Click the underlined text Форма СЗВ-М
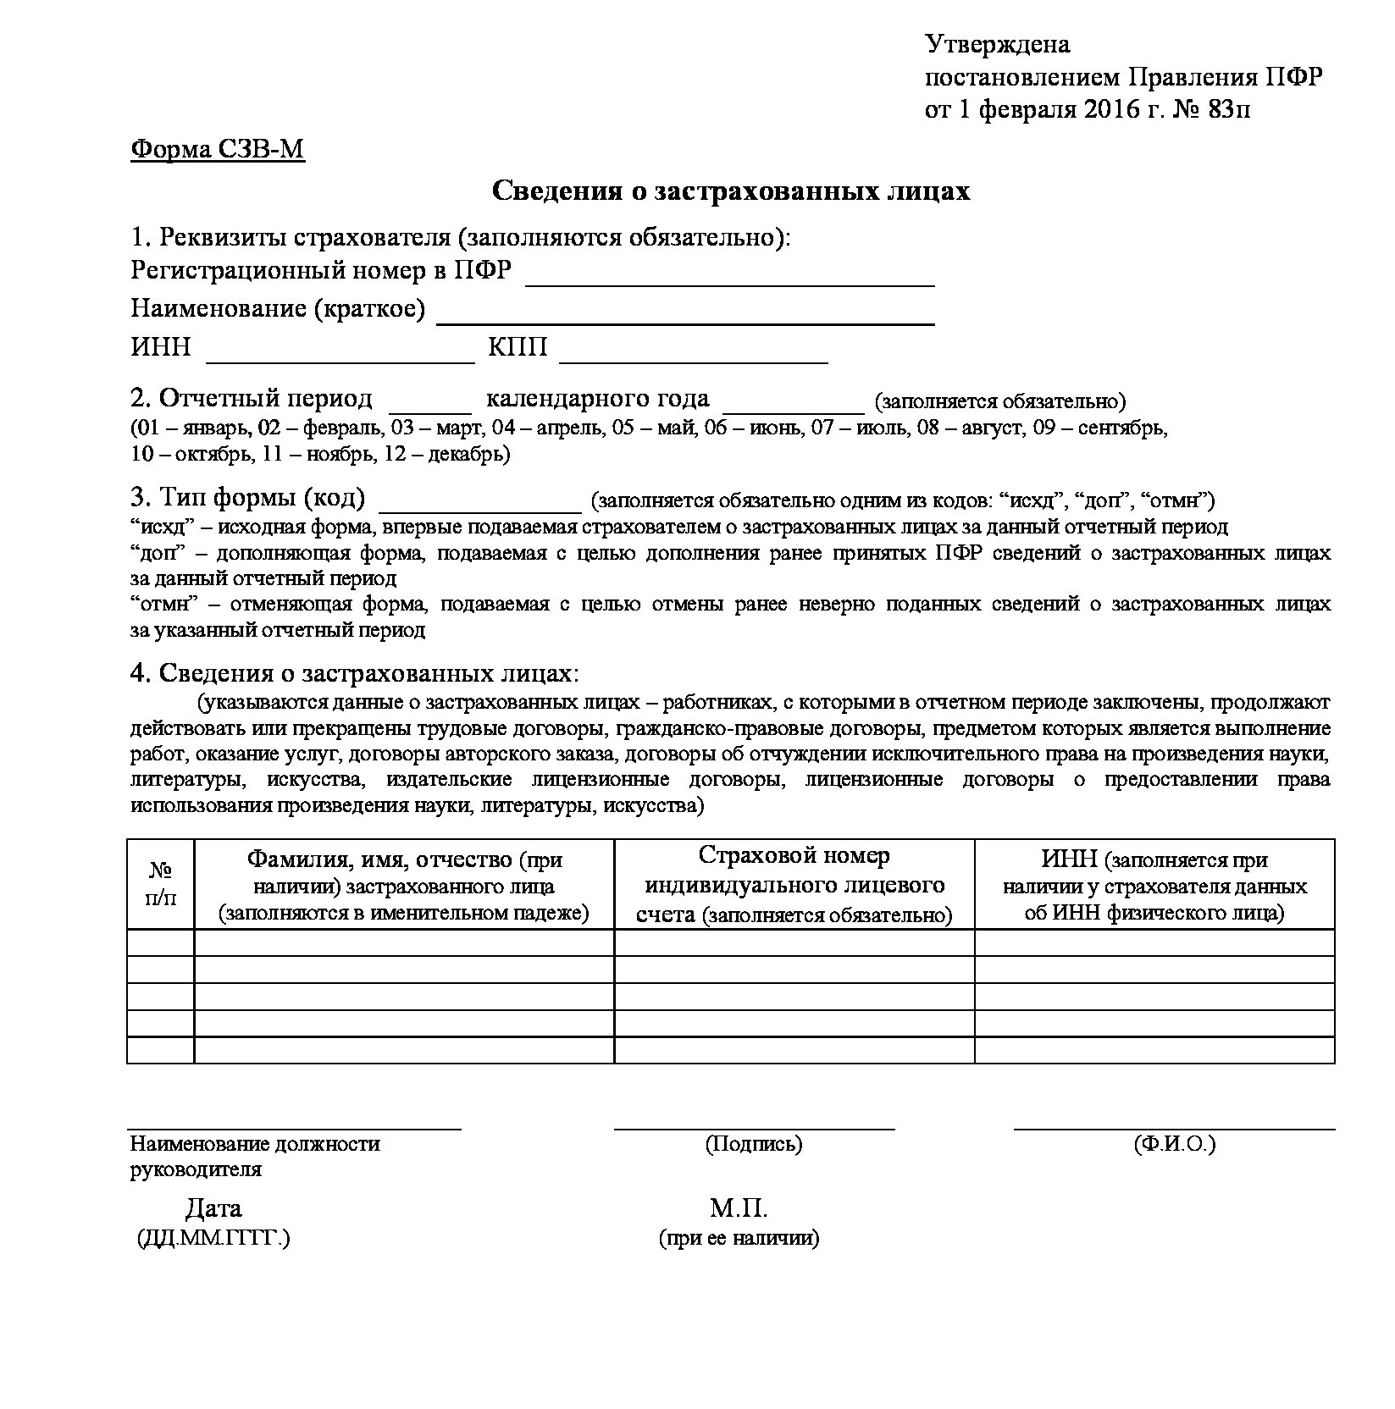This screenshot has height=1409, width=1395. pyautogui.click(x=218, y=150)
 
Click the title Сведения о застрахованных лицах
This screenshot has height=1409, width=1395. pyautogui.click(x=731, y=191)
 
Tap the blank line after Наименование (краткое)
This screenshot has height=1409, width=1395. pyautogui.click(x=684, y=317)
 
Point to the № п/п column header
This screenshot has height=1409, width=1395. pyautogui.click(x=161, y=884)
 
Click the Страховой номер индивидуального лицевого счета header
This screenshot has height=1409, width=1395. pyautogui.click(x=794, y=885)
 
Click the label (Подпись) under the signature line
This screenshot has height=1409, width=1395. pyautogui.click(x=753, y=1144)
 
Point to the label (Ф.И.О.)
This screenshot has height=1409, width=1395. pyautogui.click(x=1174, y=1144)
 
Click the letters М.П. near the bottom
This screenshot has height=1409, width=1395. pyautogui.click(x=739, y=1207)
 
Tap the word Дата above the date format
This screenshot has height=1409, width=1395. pyautogui.click(x=213, y=1207)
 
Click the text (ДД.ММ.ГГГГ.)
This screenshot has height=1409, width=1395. pyautogui.click(x=213, y=1238)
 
